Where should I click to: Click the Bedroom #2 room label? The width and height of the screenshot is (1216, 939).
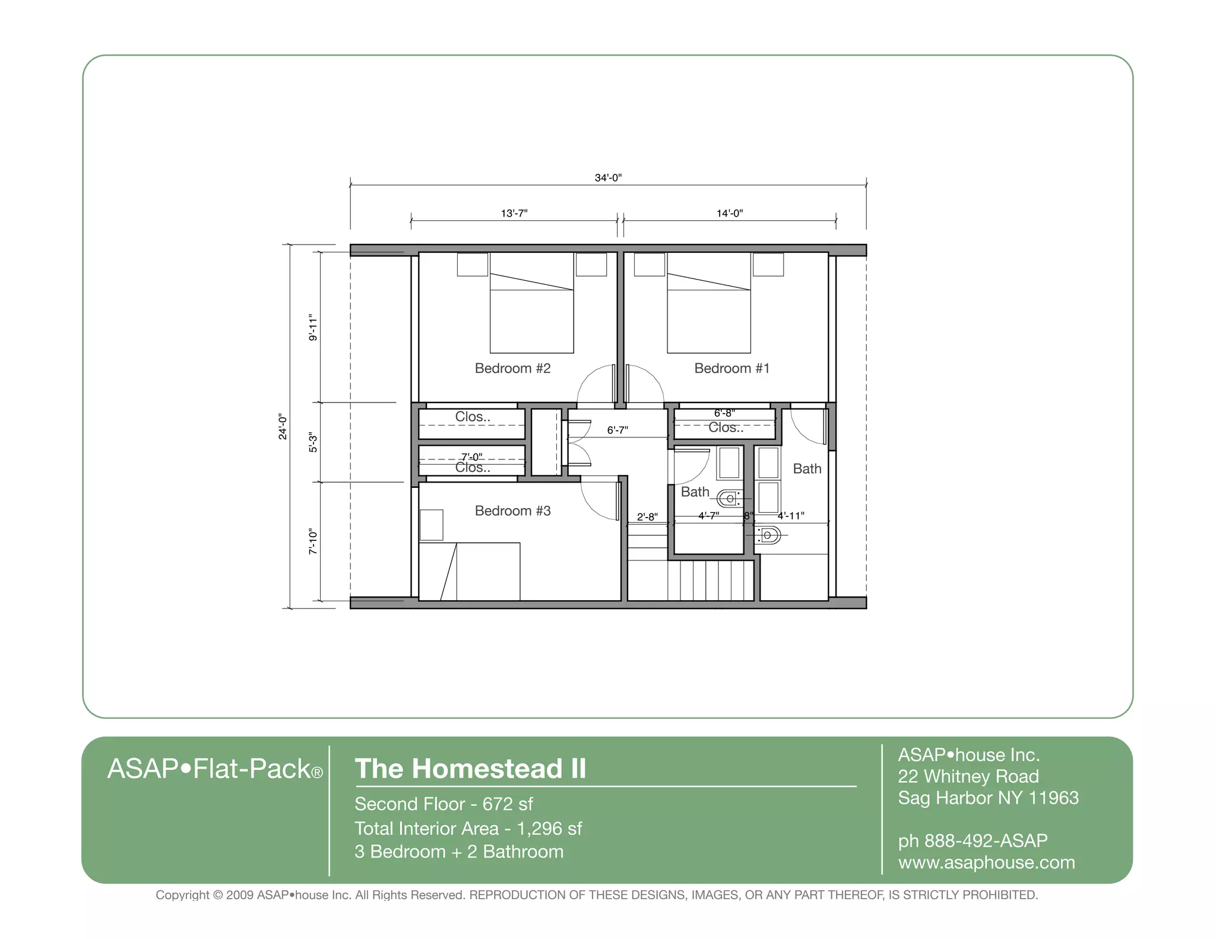[x=512, y=369]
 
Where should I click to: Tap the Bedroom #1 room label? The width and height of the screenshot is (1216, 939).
[x=731, y=369]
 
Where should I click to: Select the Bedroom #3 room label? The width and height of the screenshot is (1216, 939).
[x=512, y=511]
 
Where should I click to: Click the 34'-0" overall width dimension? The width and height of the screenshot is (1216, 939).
[x=608, y=177]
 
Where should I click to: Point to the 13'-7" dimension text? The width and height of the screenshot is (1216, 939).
[x=514, y=213]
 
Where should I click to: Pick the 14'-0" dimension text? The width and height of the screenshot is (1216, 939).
[x=729, y=213]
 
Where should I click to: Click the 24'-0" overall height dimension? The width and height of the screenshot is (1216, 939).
[x=283, y=427]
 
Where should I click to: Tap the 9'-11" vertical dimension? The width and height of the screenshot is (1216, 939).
[x=313, y=328]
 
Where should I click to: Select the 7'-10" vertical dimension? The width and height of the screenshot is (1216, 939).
[x=313, y=541]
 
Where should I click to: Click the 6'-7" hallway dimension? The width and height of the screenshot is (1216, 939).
[x=617, y=430]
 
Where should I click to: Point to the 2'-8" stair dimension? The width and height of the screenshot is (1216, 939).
[x=647, y=517]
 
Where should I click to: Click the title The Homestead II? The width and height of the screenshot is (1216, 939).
[x=470, y=769]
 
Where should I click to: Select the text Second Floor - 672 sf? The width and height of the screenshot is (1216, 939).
[x=444, y=804]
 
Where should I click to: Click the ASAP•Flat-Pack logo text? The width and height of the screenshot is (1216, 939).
[x=214, y=769]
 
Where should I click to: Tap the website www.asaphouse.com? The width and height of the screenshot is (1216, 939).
[x=986, y=862]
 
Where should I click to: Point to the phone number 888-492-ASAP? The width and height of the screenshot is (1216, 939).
[x=986, y=841]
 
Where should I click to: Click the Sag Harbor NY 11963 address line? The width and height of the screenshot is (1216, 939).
[x=988, y=798]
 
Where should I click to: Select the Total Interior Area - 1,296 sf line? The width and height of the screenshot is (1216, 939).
[x=468, y=829]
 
